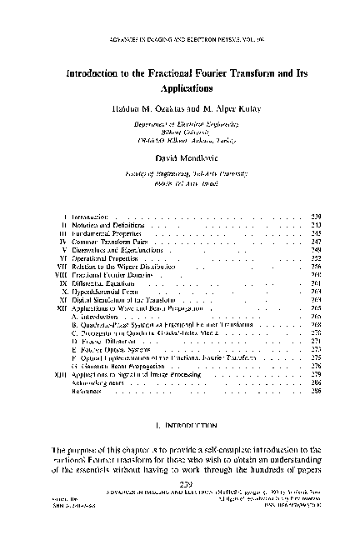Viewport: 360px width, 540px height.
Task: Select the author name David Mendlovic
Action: (180, 156)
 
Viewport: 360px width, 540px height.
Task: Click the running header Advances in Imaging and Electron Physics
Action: (180, 39)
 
